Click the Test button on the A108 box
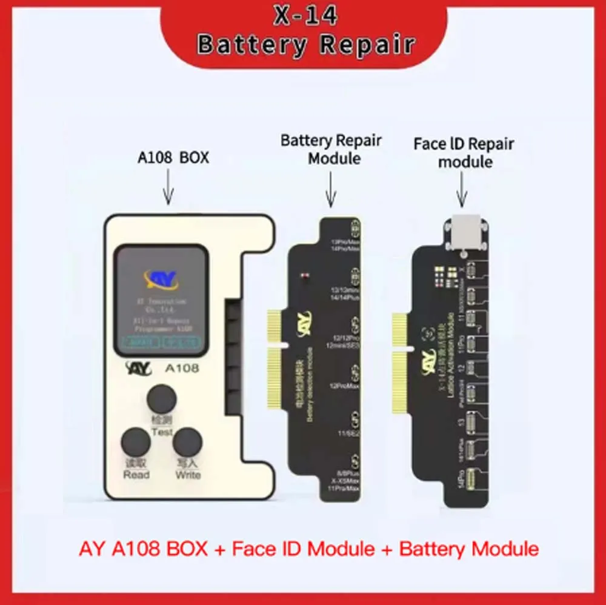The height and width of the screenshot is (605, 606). click(x=162, y=399)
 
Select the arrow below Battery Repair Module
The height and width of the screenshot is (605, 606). click(x=331, y=188)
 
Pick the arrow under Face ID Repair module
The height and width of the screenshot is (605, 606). click(x=462, y=188)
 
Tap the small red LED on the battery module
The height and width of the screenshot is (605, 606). click(x=304, y=276)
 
